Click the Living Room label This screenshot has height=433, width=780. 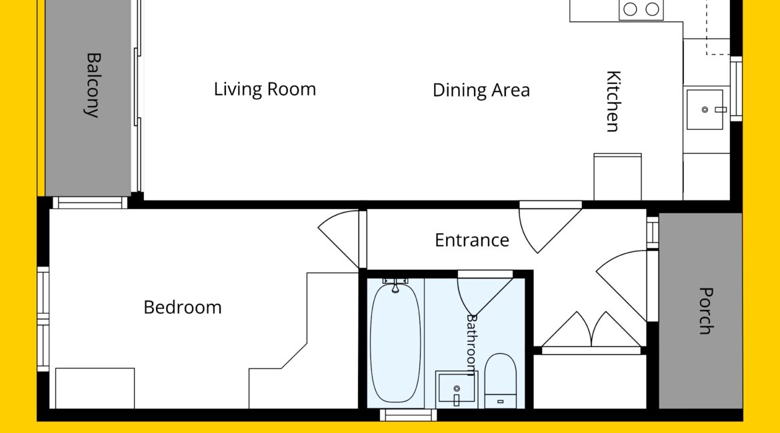tap(265, 89)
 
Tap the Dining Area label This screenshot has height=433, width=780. tap(481, 91)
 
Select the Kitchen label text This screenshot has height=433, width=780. tap(613, 101)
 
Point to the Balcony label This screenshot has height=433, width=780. tap(93, 85)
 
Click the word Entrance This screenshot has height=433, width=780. tap(471, 240)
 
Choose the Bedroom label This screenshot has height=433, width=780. tap(183, 308)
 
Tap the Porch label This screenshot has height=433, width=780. tap(705, 310)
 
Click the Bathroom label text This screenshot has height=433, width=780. tap(471, 345)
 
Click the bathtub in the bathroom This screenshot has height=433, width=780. tap(395, 342)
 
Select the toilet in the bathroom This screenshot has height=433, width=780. tap(500, 381)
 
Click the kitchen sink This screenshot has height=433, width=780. tap(705, 109)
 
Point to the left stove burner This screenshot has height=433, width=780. tap(630, 9)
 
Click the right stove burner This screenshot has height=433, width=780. tap(652, 9)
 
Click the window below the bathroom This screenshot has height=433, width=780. tap(409, 415)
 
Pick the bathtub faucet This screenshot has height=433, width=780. tap(395, 285)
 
